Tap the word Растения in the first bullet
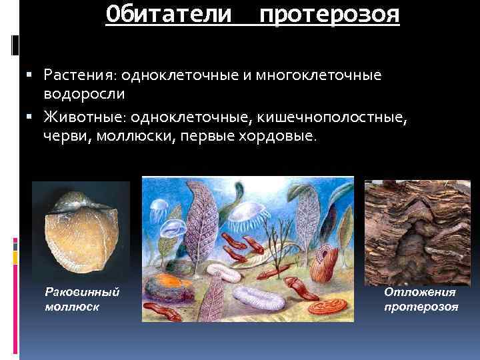tap(79, 75)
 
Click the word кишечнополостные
tap(333, 117)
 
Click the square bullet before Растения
tap(35, 75)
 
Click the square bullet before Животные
tap(35, 118)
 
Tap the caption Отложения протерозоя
tap(421, 299)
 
